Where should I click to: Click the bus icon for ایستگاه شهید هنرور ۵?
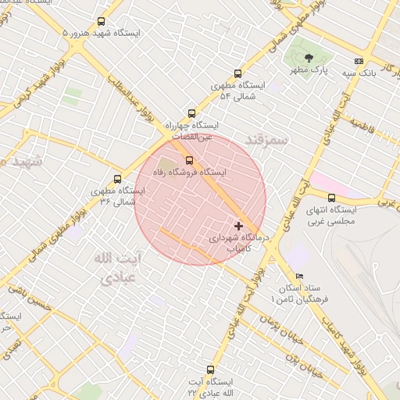(100, 22)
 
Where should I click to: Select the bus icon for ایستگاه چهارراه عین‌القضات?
(192, 112)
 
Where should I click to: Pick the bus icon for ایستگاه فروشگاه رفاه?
(188, 159)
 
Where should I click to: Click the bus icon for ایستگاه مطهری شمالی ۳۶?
(117, 179)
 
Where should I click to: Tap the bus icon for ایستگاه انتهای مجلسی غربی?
(331, 198)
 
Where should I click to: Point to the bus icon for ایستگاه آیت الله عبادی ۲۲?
(209, 370)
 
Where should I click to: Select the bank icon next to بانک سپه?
(359, 61)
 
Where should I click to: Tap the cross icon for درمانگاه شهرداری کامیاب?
(238, 225)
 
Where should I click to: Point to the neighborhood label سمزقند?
(266, 139)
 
